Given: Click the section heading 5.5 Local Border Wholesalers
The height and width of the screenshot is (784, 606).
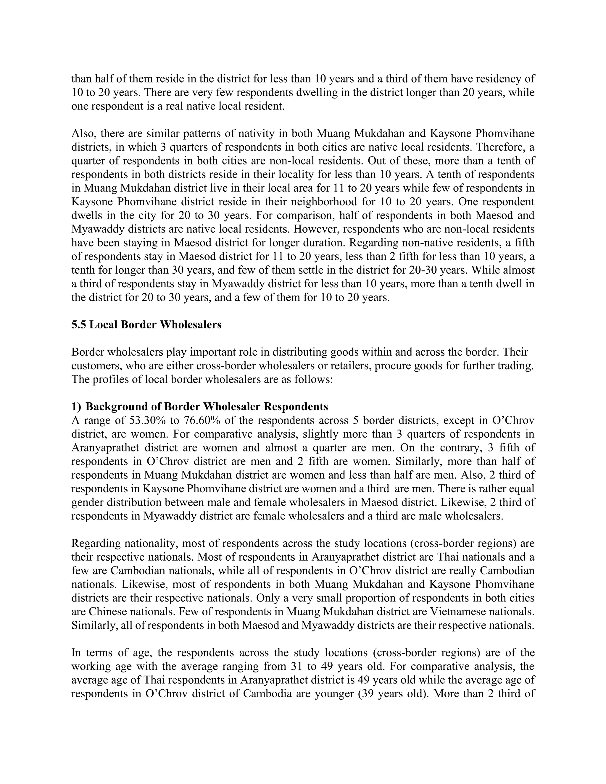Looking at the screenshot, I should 146,325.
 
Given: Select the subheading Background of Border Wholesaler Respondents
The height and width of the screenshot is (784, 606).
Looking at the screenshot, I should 207,407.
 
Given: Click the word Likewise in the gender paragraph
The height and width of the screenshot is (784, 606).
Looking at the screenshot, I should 462,502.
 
